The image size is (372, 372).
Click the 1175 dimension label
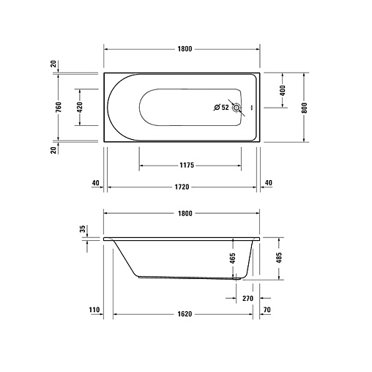(187, 165)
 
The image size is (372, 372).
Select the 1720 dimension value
(182, 187)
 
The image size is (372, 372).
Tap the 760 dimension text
(59, 107)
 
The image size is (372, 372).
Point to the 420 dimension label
(80, 107)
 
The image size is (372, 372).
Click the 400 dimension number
(282, 91)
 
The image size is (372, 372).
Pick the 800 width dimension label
(304, 108)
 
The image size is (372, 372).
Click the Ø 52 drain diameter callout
(221, 107)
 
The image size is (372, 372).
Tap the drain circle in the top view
(237, 108)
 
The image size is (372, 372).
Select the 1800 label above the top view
(185, 49)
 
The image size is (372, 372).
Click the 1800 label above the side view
(185, 214)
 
